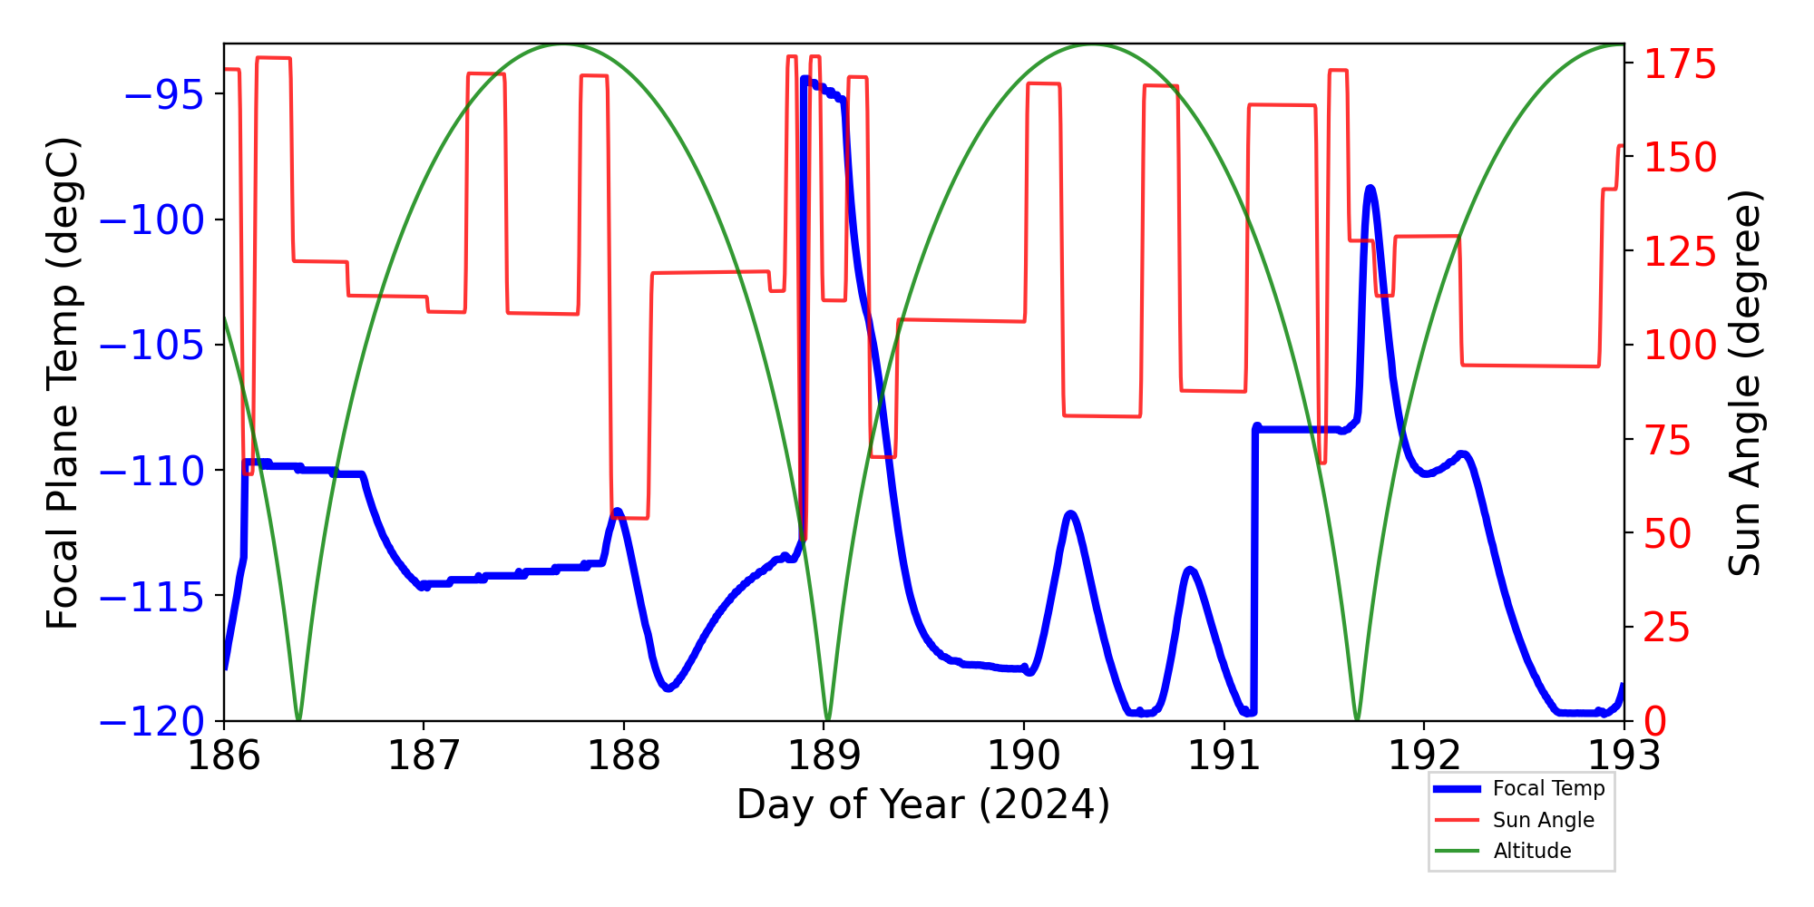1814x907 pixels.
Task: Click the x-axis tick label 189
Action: coord(824,755)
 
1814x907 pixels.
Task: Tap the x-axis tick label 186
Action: coord(223,755)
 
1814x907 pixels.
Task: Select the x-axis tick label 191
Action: coord(1224,755)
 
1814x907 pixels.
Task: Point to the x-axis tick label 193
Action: coord(1624,755)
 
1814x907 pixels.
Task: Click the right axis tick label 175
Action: coord(1681,65)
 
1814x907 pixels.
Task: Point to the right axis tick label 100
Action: coord(1681,346)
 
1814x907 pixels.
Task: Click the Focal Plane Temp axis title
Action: coord(63,383)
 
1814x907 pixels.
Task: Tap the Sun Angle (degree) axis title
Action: coord(1744,383)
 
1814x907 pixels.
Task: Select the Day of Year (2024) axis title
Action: coord(922,805)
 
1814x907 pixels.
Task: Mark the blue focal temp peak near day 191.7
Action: coord(1370,189)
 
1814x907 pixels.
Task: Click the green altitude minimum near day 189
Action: coord(827,719)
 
